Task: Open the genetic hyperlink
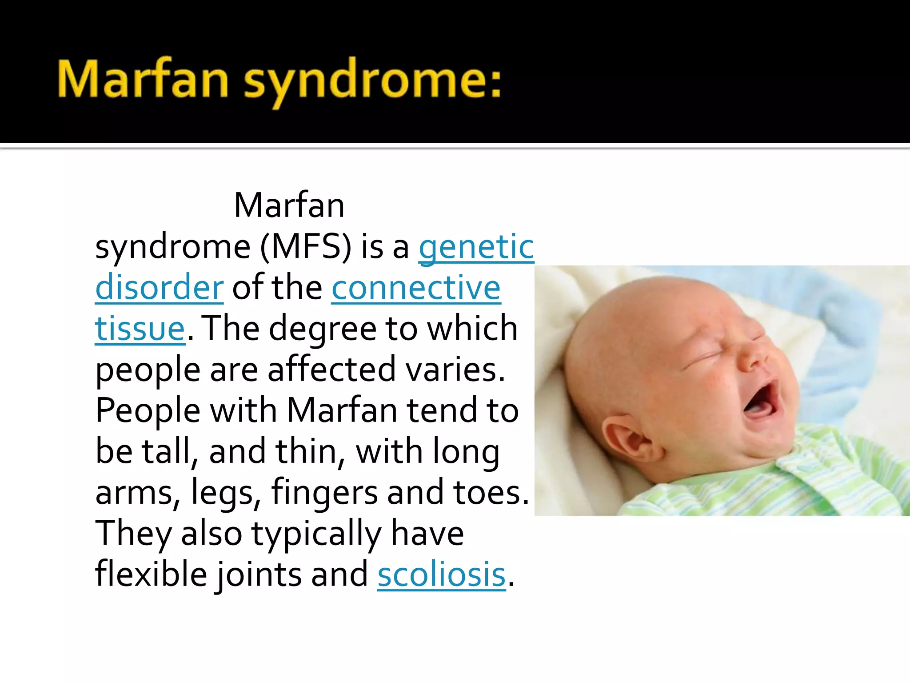[x=476, y=247]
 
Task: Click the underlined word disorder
[x=159, y=288]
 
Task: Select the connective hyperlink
[x=416, y=288]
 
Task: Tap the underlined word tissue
[x=140, y=329]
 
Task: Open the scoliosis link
[x=441, y=575]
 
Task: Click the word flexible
[x=151, y=575]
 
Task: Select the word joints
[x=259, y=575]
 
